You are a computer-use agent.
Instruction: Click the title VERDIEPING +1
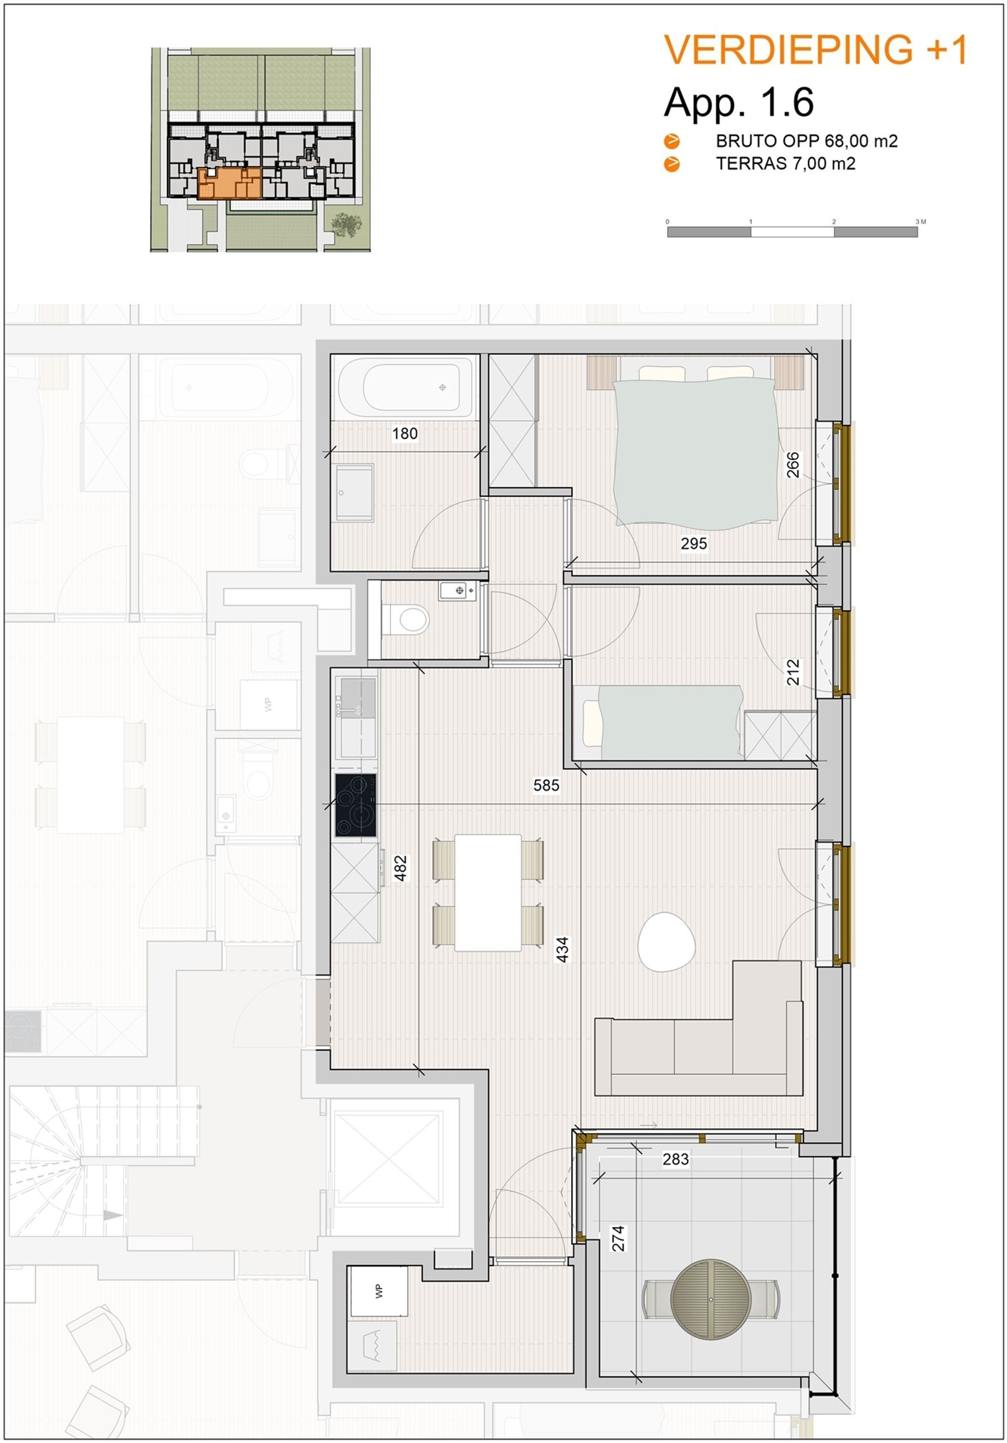(815, 50)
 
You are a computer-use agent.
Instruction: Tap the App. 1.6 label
(739, 102)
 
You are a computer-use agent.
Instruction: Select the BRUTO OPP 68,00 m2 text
(807, 141)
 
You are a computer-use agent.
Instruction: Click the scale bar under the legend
(792, 232)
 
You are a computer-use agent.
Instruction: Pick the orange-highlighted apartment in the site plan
(229, 183)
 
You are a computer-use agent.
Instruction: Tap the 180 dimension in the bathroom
(404, 433)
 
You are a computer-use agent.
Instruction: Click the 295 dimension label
(693, 543)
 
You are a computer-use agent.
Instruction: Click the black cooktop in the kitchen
(355, 805)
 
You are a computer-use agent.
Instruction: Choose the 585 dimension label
(546, 785)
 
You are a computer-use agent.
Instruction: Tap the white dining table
(488, 892)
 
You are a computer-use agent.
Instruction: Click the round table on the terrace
(711, 1299)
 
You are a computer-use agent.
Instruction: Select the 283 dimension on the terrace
(675, 1159)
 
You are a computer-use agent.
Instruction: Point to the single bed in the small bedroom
(663, 722)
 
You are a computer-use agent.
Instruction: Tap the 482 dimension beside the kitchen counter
(400, 868)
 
